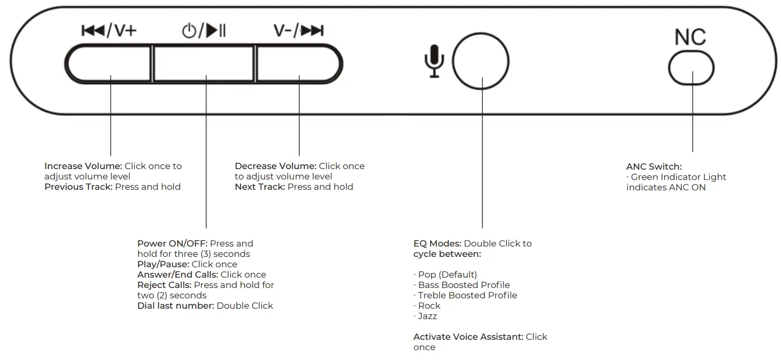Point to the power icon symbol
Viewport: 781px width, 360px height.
click(189, 31)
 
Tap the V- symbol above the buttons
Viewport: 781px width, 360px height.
click(282, 31)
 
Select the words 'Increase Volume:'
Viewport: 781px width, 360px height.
click(83, 166)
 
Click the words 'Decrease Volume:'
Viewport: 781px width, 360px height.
click(275, 166)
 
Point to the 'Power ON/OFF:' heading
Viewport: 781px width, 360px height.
click(172, 243)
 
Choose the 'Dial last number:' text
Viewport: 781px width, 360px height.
click(176, 305)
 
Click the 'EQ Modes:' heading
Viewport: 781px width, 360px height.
click(437, 243)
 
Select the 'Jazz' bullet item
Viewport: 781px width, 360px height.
click(427, 316)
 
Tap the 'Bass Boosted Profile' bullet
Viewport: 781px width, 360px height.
click(464, 285)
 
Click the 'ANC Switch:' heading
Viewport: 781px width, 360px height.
click(654, 166)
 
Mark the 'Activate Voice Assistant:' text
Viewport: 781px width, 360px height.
click(468, 337)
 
